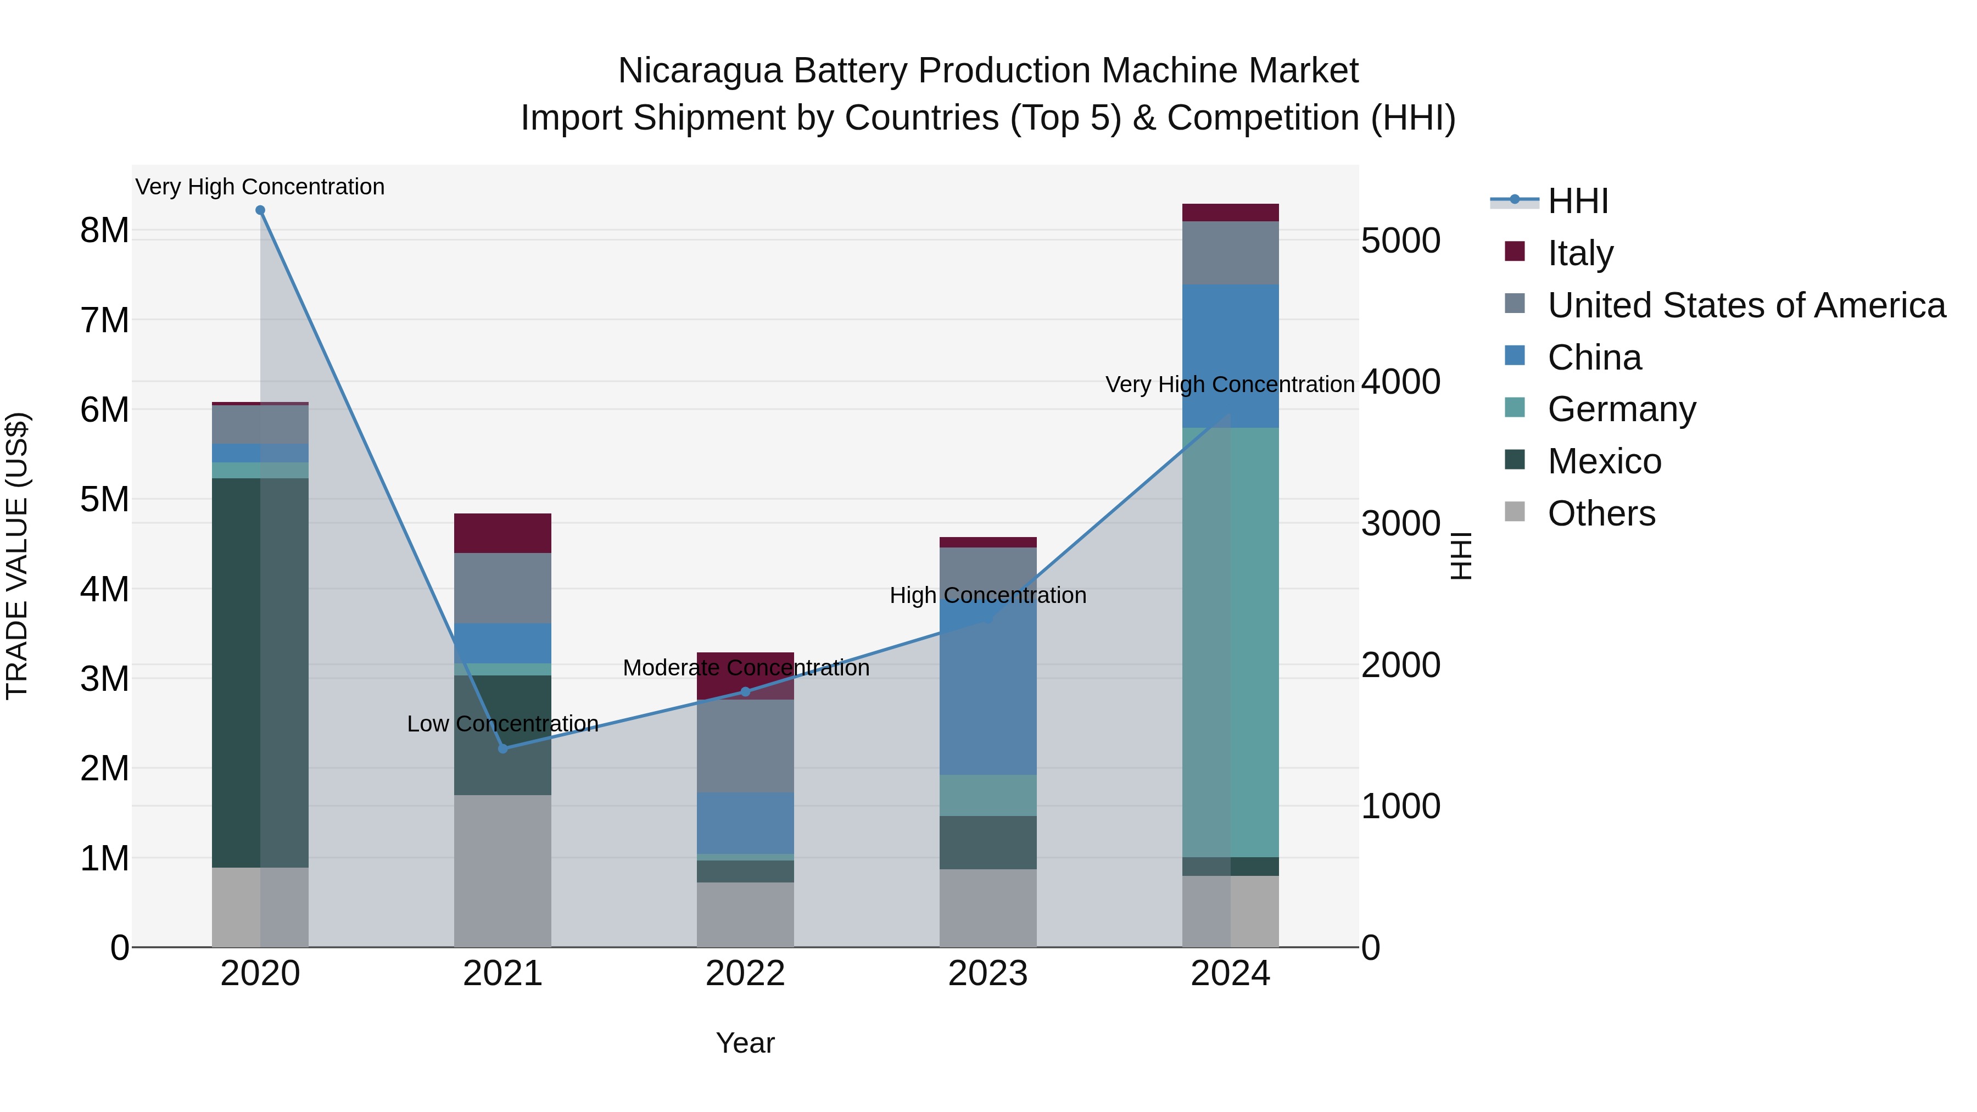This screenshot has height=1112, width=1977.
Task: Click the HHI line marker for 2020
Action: click(x=260, y=210)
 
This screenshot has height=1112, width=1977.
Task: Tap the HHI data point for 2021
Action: click(x=502, y=748)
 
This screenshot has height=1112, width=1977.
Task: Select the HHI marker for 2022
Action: click(x=745, y=691)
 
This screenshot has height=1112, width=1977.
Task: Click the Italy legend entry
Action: click(x=1579, y=253)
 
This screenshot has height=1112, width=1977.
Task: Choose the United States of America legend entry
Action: click(x=1746, y=305)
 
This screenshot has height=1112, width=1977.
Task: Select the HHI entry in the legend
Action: click(x=1577, y=201)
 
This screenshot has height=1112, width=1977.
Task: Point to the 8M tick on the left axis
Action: click(x=104, y=230)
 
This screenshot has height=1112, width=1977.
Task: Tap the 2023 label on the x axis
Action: click(x=988, y=974)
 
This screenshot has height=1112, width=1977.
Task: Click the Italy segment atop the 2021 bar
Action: click(x=502, y=533)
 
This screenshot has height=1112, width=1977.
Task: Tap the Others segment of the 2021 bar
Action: click(x=502, y=870)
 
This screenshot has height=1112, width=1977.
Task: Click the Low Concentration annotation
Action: click(x=502, y=724)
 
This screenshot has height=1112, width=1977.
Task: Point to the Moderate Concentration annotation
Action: click(x=745, y=668)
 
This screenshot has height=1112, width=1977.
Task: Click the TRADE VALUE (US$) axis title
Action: click(x=17, y=556)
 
